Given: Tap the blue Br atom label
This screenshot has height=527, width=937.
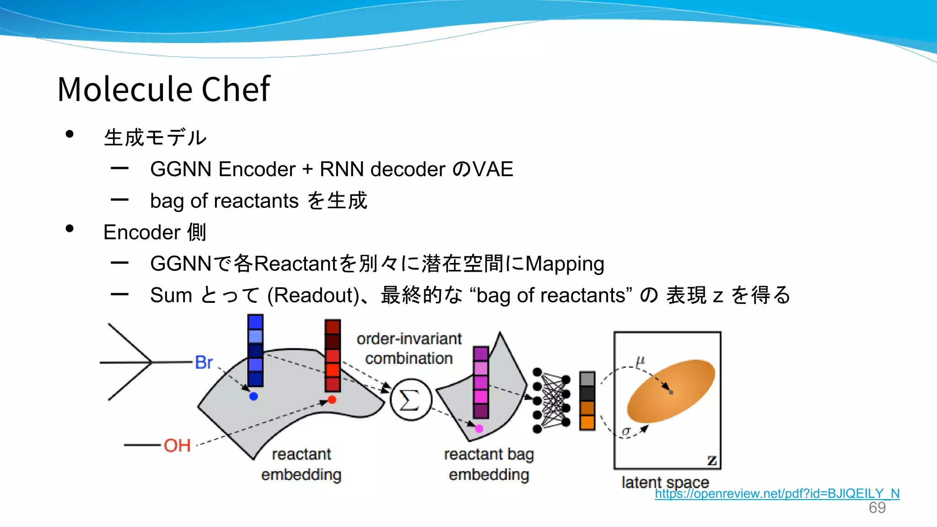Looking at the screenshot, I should point(204,362).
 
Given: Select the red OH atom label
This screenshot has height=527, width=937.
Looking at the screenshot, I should point(177,445).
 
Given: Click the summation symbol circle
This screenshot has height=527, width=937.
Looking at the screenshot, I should point(410,400).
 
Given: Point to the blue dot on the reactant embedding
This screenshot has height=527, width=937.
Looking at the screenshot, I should point(253,396).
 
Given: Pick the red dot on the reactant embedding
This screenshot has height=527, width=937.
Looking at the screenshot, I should point(332,400).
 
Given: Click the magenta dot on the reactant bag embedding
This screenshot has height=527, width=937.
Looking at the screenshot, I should point(479,429).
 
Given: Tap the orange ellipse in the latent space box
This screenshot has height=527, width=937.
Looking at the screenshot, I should point(671,391).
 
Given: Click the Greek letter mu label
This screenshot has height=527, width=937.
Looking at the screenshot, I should point(640,361).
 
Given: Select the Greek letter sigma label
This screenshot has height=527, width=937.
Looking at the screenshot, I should point(626,431).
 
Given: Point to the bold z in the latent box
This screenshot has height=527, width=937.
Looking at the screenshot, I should point(712,460).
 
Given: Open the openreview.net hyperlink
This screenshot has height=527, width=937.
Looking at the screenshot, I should point(777,494).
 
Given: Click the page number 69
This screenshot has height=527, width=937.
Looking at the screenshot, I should point(877,508).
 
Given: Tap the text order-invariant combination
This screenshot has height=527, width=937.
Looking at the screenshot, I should point(409,349).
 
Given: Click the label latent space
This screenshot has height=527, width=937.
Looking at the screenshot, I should point(665,482).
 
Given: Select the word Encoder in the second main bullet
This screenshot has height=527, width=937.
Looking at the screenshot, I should point(142,232).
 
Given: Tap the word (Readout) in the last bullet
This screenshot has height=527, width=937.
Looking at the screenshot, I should point(314,296).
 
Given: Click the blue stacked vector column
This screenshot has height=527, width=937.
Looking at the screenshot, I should point(255,350).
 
